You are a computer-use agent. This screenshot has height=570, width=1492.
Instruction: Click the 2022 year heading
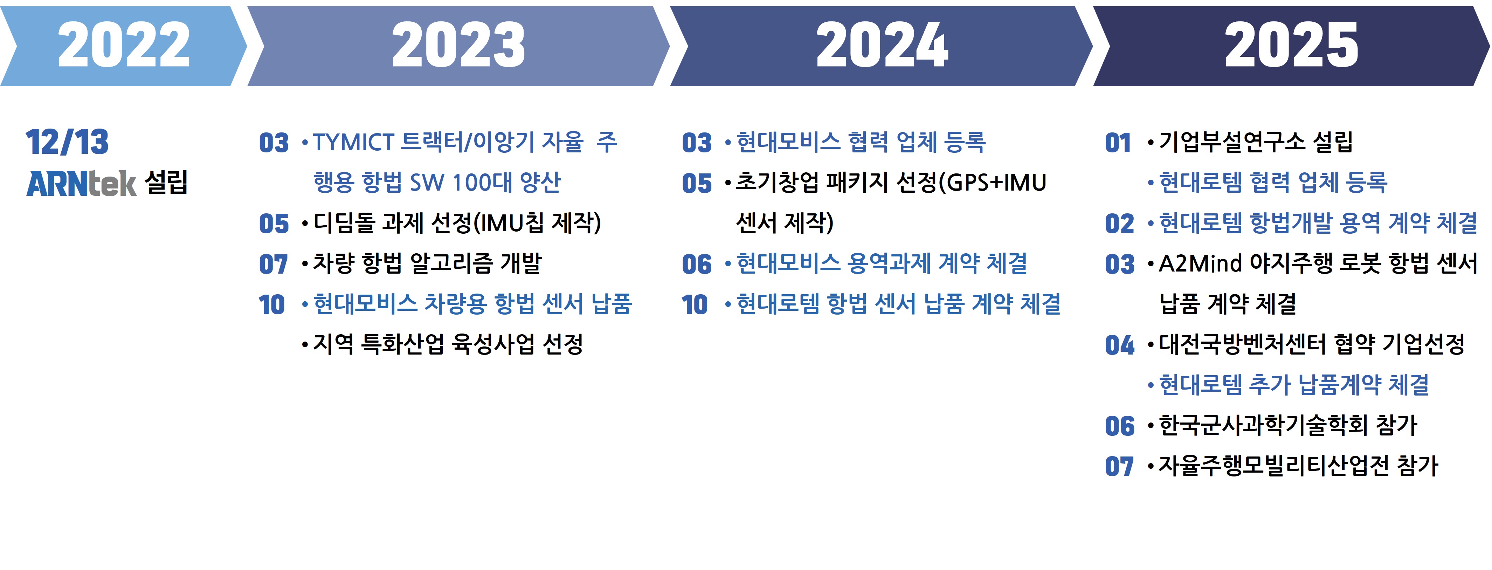coord(124,44)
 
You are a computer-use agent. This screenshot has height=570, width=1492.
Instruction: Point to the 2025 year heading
coord(1291,44)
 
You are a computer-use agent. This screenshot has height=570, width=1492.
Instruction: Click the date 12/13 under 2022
coord(67,142)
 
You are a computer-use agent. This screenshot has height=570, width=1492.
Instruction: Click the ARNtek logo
coord(81,184)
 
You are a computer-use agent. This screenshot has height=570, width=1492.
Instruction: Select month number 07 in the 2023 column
coord(274,264)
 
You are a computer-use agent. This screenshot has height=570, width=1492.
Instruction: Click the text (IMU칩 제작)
coord(537,223)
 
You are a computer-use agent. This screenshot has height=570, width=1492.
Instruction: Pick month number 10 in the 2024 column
coord(695,305)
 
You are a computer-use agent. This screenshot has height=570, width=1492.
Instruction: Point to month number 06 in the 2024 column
coord(696,264)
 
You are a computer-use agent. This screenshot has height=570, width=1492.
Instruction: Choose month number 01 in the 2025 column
coord(1118,143)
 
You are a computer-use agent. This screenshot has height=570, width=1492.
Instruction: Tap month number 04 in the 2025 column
coord(1120,345)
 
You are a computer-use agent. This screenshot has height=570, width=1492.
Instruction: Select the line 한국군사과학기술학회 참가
coord(1287,426)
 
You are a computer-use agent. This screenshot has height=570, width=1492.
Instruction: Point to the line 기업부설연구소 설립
coord(1256,142)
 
